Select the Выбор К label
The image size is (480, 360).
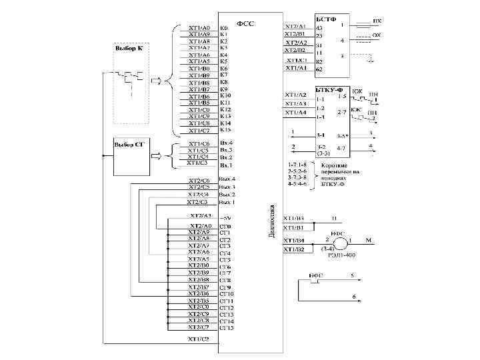(x=128, y=49)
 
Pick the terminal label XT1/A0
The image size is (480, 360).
(x=199, y=28)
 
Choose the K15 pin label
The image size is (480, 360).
(x=225, y=130)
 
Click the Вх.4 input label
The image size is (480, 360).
(x=226, y=143)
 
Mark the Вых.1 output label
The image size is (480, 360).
(x=227, y=201)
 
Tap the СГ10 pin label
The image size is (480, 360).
(x=227, y=293)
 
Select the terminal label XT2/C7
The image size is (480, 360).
(x=199, y=327)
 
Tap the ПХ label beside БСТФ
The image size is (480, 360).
(x=377, y=21)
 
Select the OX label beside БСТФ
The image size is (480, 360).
(x=377, y=33)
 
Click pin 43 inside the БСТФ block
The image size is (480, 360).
(x=319, y=28)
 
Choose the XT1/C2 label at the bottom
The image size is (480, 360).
(x=198, y=339)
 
